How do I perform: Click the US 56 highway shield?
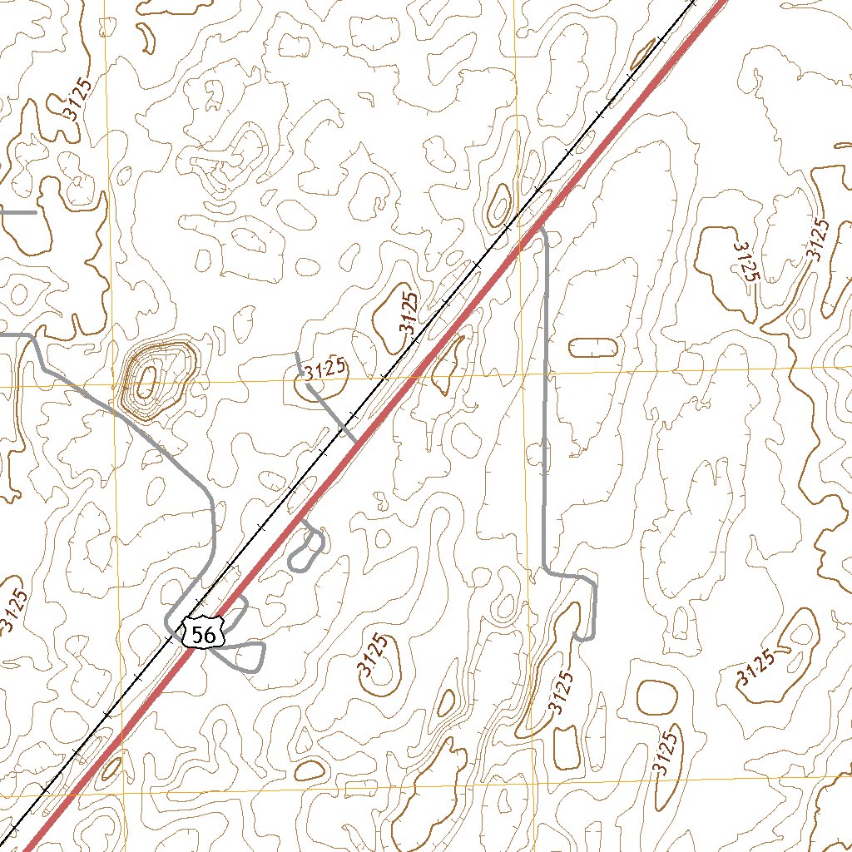(202, 635)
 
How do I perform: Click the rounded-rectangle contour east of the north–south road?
(594, 348)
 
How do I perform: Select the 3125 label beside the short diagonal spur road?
(324, 369)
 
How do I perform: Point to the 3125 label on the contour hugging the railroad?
(408, 313)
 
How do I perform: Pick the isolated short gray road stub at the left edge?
(17, 212)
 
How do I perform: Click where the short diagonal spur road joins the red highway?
(356, 441)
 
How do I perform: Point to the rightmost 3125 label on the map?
(819, 240)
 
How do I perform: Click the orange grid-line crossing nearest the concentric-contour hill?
(112, 387)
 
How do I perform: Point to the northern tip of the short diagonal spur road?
(297, 354)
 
